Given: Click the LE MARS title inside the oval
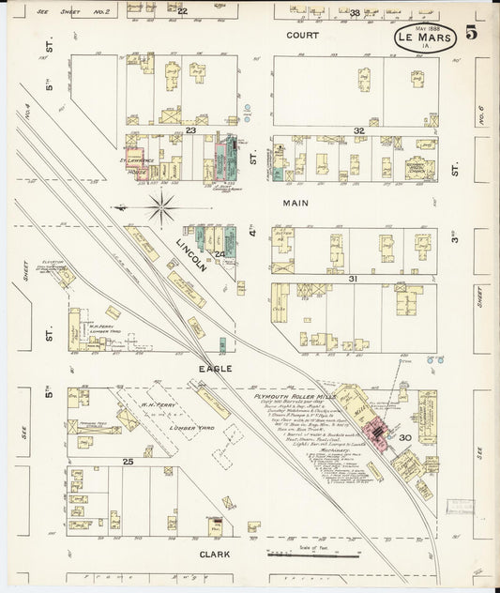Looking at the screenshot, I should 424,38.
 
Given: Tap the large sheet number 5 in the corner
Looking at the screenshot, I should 469,34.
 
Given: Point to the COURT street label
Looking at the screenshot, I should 302,35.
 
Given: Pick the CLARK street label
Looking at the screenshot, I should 214,555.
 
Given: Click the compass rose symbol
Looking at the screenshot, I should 161,207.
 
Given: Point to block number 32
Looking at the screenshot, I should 358,130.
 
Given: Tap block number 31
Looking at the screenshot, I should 354,279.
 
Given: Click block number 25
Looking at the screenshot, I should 127,462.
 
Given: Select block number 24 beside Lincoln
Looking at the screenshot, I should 220,253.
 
